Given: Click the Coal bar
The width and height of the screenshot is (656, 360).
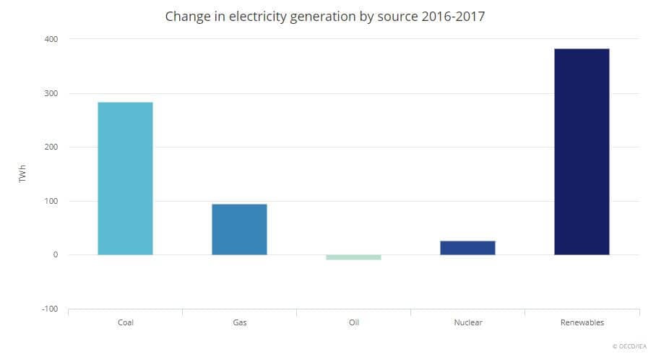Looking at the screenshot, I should [125, 179].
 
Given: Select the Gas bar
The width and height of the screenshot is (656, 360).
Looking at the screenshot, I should [239, 229].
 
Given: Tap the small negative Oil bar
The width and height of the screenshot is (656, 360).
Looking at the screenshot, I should [353, 257].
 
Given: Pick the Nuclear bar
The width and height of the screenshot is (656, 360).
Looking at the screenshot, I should [467, 248].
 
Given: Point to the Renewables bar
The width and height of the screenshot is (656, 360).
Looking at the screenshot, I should [582, 152].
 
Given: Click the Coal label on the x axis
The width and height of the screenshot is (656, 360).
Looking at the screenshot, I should [125, 322].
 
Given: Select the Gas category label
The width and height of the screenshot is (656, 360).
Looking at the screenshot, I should [239, 322].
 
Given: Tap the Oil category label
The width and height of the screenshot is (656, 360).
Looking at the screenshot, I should [353, 322].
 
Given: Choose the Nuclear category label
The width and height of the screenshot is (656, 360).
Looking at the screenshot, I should [467, 322].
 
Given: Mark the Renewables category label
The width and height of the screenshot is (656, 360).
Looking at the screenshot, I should [582, 322].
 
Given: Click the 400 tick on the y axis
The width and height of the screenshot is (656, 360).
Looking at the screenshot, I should [51, 38].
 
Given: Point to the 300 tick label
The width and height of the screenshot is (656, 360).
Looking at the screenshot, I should [51, 93].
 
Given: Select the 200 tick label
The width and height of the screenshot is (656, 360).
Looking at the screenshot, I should [51, 147].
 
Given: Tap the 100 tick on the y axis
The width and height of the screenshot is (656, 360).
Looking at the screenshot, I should [51, 201].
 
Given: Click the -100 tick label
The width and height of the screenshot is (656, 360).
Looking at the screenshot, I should [50, 309].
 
